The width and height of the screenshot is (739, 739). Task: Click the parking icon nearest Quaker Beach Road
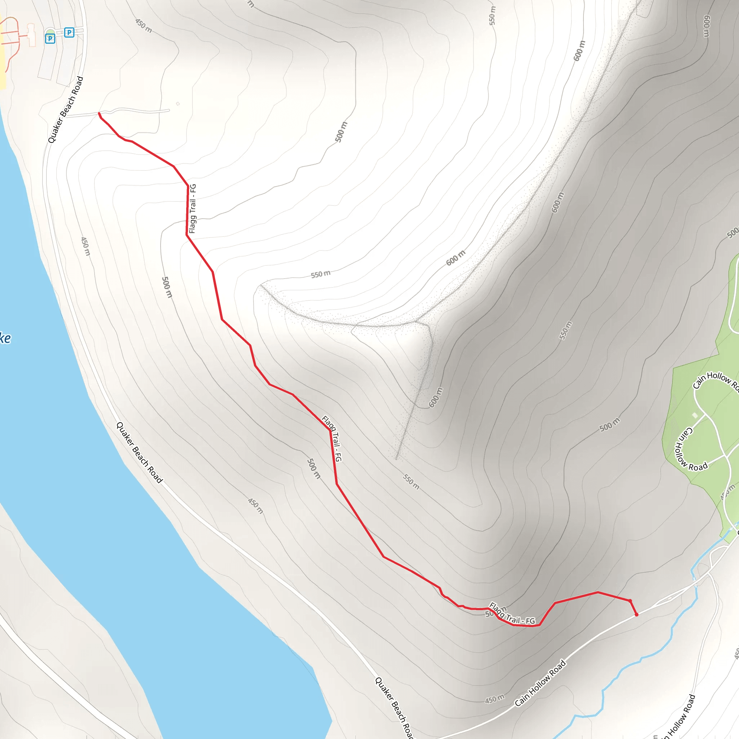[x=69, y=32]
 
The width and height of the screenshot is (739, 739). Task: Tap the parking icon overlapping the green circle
[x=50, y=38]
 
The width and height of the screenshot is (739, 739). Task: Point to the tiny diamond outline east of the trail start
[x=178, y=104]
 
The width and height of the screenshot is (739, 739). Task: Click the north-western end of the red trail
[x=100, y=114]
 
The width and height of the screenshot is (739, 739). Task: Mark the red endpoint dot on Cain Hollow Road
[x=637, y=615]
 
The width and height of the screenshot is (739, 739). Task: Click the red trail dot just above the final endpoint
[x=630, y=601]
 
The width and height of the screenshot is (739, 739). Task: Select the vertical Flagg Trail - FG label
[x=192, y=209]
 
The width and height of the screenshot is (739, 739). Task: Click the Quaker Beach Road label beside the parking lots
[x=65, y=110]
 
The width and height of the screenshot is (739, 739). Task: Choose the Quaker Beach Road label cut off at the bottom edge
[x=394, y=708]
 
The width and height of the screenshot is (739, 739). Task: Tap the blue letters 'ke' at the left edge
[x=5, y=338]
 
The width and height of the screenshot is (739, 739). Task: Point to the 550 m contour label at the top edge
[x=492, y=16]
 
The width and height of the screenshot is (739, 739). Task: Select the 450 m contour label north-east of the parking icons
[x=144, y=26]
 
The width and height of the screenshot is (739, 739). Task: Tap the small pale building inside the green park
[x=695, y=415]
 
